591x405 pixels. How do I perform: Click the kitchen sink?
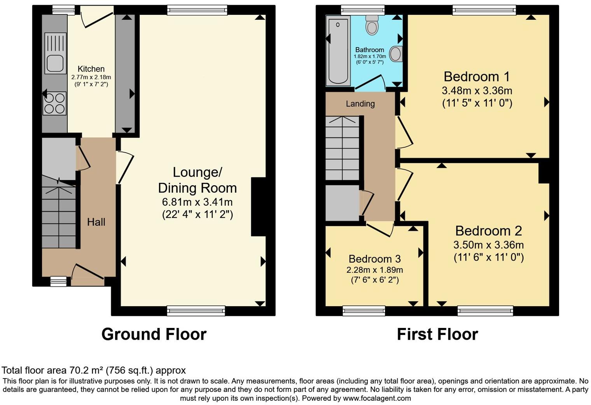coord(55,53)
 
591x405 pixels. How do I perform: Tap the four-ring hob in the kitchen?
coord(55,103)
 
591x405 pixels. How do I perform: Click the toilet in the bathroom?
coord(372,25)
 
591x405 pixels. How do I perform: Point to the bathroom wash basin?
coord(395,54)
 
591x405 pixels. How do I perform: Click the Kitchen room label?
coord(91,69)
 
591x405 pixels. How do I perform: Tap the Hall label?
coord(96,222)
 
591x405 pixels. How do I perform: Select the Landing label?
coord(360,104)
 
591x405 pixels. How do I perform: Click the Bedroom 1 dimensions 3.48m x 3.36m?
coord(477,91)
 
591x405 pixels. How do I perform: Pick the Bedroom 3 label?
coord(374,259)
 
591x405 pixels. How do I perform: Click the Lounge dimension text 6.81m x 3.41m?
coord(197,202)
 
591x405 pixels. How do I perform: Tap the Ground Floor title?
coord(154,334)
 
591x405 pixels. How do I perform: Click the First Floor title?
coord(437,334)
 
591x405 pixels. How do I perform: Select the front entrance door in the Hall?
coord(88,272)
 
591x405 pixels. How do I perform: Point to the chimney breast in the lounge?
coord(259,207)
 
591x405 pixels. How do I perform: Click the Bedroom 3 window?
coord(364,310)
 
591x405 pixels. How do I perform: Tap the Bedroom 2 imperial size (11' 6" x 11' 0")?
coord(488,258)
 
